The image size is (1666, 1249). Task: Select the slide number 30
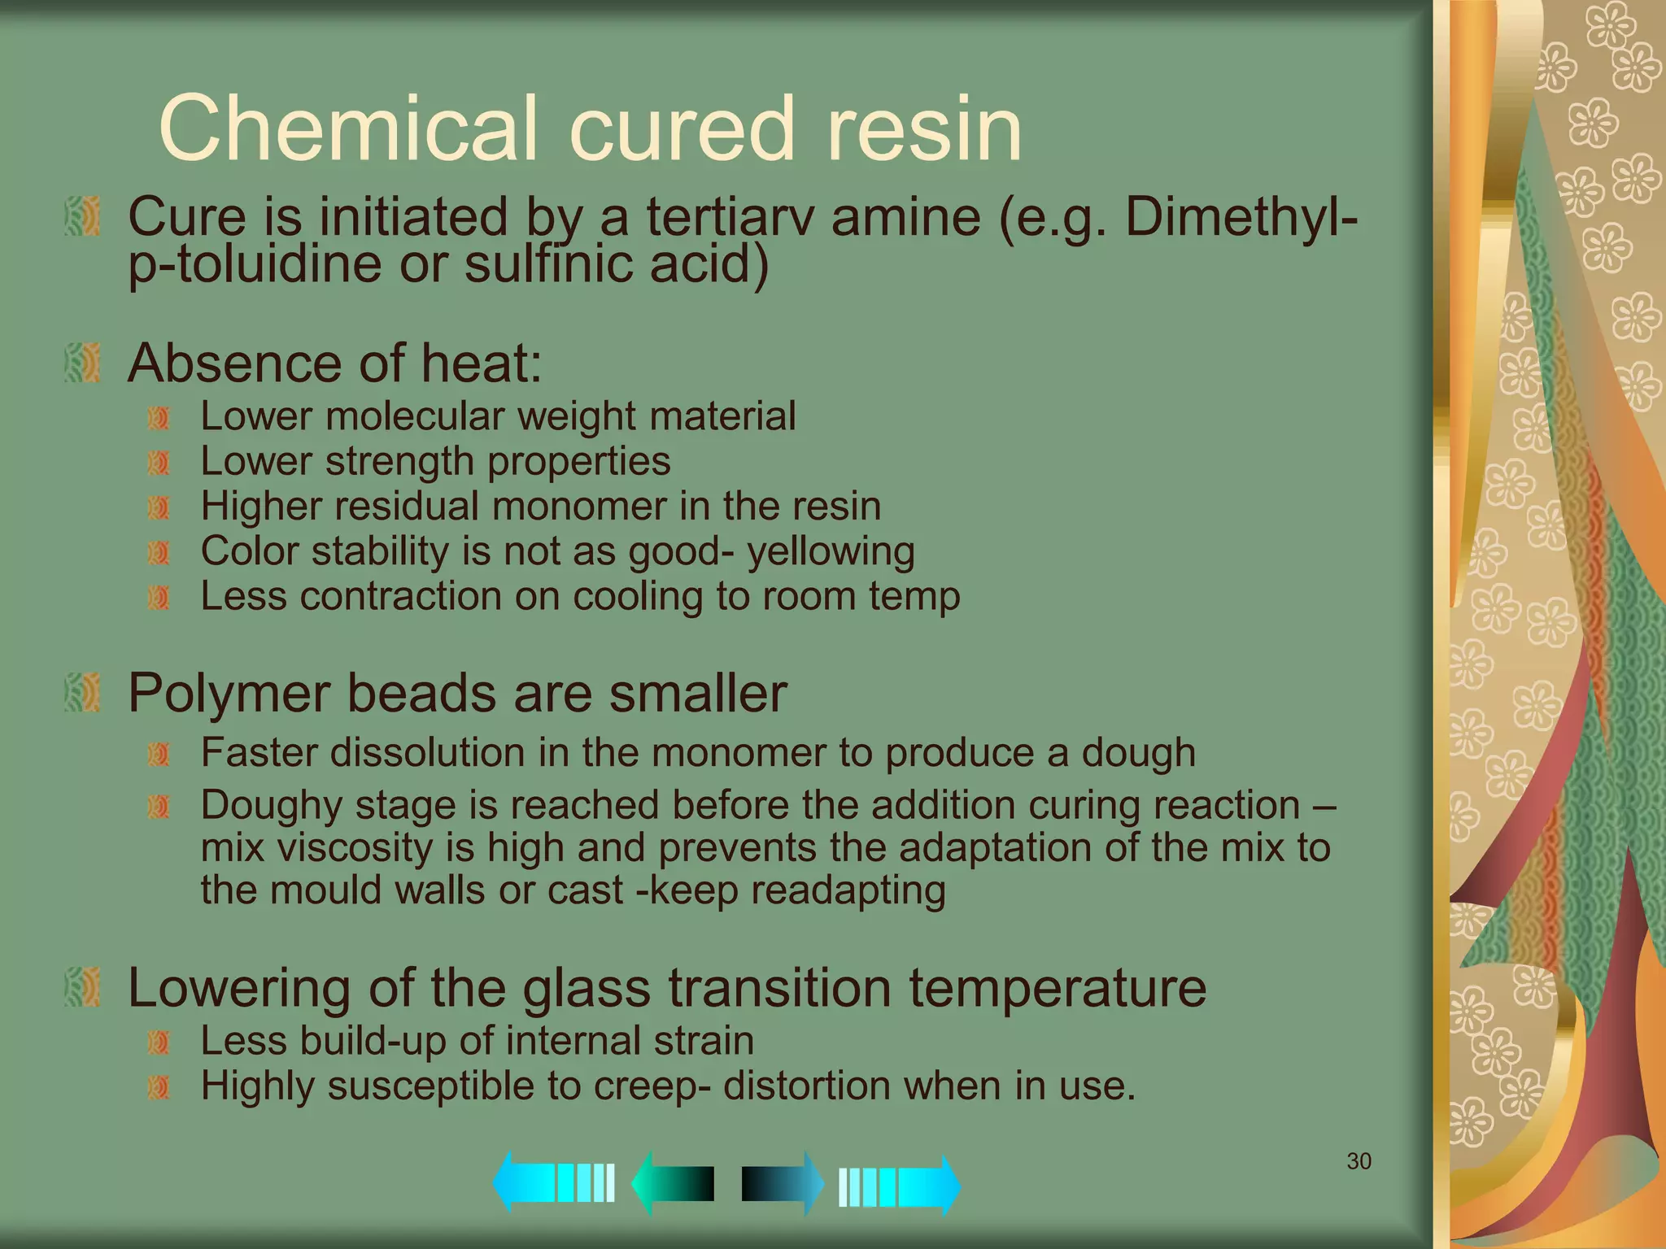tap(1359, 1161)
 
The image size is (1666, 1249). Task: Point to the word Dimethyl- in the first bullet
tap(1241, 217)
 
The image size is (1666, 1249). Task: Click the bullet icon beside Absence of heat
tap(83, 363)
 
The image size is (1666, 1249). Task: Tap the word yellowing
tap(831, 551)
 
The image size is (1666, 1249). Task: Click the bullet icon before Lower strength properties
tap(159, 463)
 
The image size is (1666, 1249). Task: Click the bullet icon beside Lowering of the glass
tap(83, 987)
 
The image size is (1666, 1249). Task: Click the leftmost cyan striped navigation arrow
tap(553, 1182)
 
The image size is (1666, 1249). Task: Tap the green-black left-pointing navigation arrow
tap(674, 1183)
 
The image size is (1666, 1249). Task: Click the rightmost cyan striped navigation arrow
tap(899, 1186)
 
